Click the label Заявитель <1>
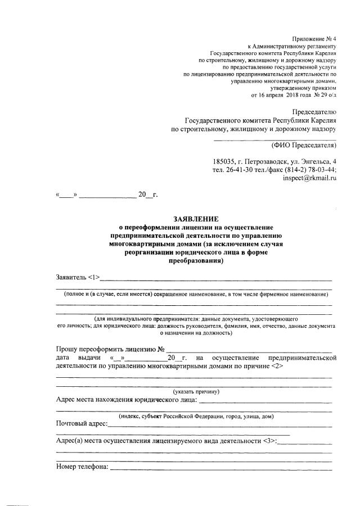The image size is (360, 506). pyautogui.click(x=78, y=277)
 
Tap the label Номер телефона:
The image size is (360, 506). pyautogui.click(x=82, y=466)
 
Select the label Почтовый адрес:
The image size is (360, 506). pyautogui.click(x=82, y=423)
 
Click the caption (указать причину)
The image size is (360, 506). pyautogui.click(x=196, y=391)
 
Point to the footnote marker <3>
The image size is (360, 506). pyautogui.click(x=268, y=440)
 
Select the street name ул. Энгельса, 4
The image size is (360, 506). pyautogui.click(x=308, y=161)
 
